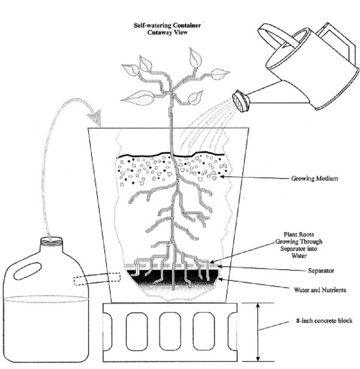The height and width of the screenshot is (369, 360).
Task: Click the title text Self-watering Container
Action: (167, 26)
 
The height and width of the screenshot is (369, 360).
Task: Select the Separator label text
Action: (321, 271)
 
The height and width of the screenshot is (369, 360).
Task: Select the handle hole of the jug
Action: (27, 270)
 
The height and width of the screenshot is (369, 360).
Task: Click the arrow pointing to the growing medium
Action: (252, 177)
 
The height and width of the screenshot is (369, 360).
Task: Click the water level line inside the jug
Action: (46, 298)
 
